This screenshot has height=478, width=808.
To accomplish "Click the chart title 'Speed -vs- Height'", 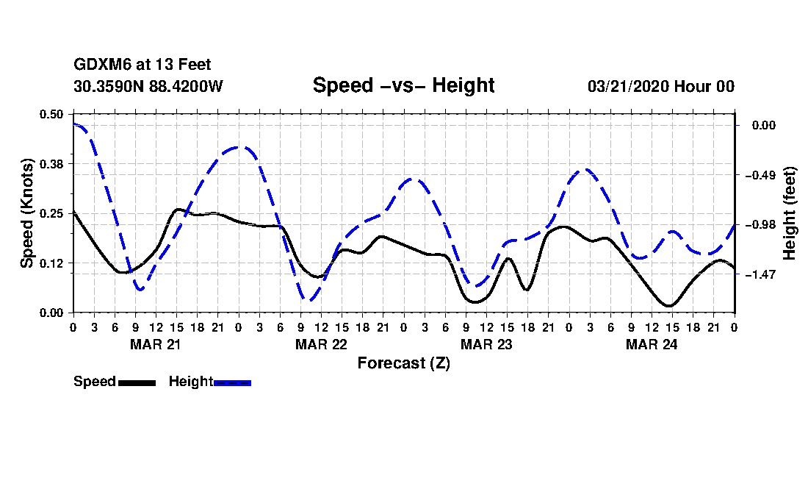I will point(403,85).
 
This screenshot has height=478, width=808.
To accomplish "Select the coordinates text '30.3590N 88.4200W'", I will point(148,86).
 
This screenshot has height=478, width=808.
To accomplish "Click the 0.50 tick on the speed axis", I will point(51,114).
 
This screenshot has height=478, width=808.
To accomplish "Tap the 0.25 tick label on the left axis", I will point(51,213).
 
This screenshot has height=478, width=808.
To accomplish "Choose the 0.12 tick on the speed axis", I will point(51,263).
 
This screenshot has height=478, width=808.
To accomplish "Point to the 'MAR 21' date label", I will point(156,344).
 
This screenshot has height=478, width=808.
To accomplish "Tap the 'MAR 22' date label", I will point(321,344).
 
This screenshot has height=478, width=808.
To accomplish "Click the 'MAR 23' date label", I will point(486,344).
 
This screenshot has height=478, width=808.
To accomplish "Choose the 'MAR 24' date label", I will point(652,344).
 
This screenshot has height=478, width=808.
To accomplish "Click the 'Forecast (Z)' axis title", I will point(403,363).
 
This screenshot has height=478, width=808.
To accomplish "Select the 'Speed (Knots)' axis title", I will point(26,213).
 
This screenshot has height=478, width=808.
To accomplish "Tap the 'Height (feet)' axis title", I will point(790,213).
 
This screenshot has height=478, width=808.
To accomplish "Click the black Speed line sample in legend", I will point(137,382).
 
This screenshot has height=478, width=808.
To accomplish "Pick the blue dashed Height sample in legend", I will point(232,382).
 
